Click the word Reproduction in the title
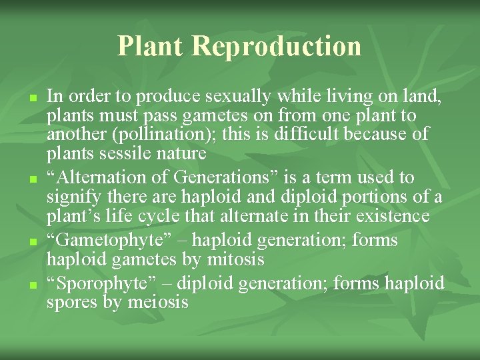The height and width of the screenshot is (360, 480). (277, 46)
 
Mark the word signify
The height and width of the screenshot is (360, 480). (72, 197)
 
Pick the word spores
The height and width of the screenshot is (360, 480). (72, 303)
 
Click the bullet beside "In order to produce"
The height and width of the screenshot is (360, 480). (32, 98)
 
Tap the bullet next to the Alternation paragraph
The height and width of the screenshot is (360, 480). (32, 179)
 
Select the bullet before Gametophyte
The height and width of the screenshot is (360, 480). (32, 241)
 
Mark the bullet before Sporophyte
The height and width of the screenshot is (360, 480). (32, 284)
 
